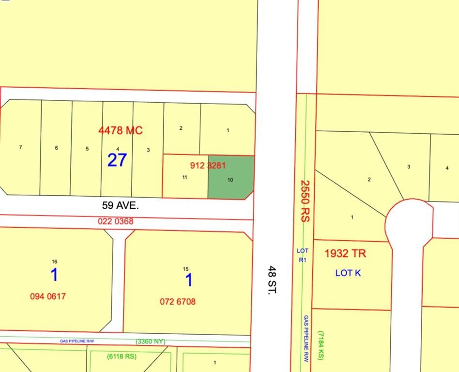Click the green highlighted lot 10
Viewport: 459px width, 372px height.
(230, 177)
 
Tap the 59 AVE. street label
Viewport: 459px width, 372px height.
(120, 205)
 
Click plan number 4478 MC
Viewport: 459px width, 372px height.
(121, 130)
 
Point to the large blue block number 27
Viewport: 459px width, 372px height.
(117, 160)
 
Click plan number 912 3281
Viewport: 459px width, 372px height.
(208, 165)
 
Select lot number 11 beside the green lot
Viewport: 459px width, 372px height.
(184, 177)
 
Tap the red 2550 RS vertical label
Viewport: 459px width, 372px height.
(305, 201)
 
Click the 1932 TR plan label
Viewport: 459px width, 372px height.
(345, 253)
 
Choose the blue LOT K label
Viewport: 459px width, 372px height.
(348, 273)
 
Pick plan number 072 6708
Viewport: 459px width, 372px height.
(178, 301)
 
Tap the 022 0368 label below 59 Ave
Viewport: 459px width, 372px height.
(115, 221)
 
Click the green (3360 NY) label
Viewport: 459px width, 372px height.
(151, 341)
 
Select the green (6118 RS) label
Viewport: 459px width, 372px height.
(122, 356)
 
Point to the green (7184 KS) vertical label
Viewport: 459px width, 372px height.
(321, 345)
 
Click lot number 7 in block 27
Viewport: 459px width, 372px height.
(20, 147)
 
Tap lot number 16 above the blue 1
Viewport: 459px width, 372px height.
(54, 262)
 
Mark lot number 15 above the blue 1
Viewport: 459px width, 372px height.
(185, 269)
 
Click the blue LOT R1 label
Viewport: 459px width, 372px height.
(302, 255)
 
